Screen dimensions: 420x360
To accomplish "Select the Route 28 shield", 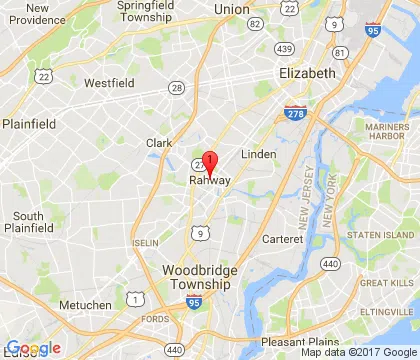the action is [177, 89].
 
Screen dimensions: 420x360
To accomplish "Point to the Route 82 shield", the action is [256, 22].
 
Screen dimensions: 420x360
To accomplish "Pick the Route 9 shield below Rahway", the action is [201, 233].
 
